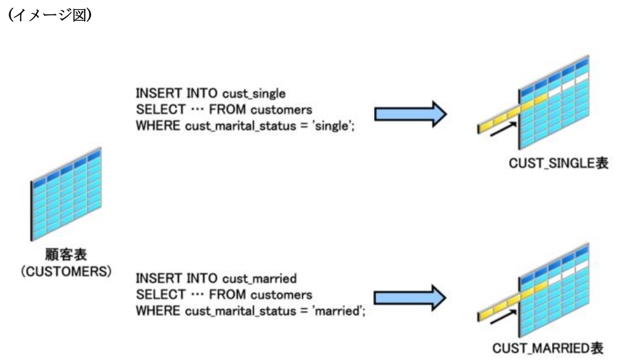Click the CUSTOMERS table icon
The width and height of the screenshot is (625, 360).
click(66, 195)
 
